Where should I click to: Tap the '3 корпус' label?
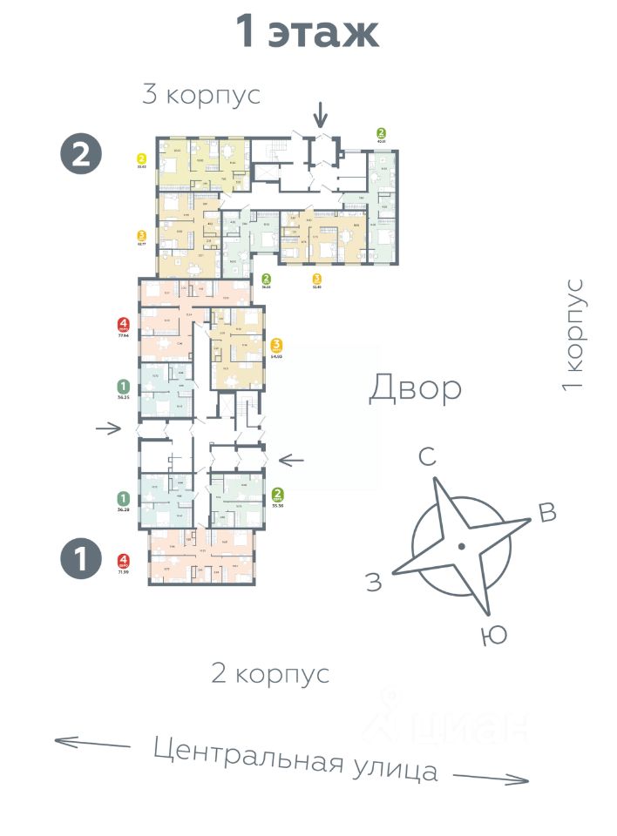[201, 94]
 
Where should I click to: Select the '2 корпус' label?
[270, 672]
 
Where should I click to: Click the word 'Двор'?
[415, 388]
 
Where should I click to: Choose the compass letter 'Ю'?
[493, 637]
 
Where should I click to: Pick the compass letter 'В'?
[547, 514]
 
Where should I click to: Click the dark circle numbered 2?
[81, 154]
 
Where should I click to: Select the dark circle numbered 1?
[81, 558]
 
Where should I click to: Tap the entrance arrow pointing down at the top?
[321, 113]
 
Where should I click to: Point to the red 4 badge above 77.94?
[124, 326]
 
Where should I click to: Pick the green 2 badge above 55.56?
[279, 494]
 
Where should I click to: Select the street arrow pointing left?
[92, 743]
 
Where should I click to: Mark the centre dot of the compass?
[461, 546]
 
